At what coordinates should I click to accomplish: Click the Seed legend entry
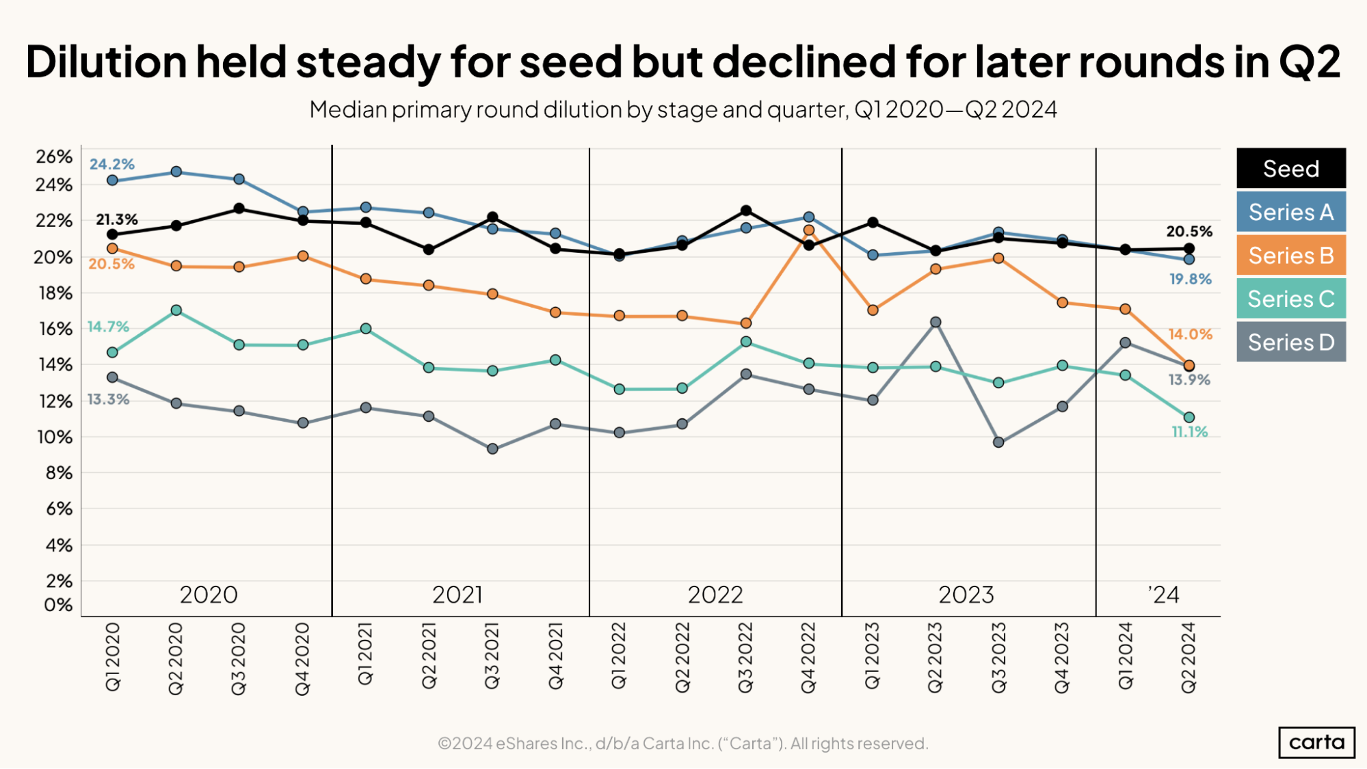point(1290,168)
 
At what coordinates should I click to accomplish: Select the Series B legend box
point(1290,255)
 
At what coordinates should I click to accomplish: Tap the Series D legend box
point(1290,342)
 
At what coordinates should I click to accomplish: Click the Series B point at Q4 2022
point(809,230)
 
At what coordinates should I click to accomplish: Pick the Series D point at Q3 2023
point(998,442)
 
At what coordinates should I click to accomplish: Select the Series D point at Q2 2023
point(935,322)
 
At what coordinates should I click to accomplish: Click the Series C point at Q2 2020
point(176,310)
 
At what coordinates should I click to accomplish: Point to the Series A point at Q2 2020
point(176,172)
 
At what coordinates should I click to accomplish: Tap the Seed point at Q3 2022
point(746,211)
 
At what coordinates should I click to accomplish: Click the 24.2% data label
point(112,164)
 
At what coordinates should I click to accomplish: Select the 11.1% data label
point(1190,432)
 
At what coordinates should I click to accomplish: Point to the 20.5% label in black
point(1189,232)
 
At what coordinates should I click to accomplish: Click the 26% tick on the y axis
point(54,157)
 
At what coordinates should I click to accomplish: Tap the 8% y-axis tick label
point(59,473)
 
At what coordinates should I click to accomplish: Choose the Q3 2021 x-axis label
point(492,656)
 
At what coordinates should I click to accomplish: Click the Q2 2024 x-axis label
point(1189,657)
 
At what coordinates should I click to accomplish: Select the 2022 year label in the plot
point(715,595)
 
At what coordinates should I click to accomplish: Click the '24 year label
point(1164,595)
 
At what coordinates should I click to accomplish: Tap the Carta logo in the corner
point(1316,742)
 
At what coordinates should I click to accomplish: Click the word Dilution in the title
point(106,62)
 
